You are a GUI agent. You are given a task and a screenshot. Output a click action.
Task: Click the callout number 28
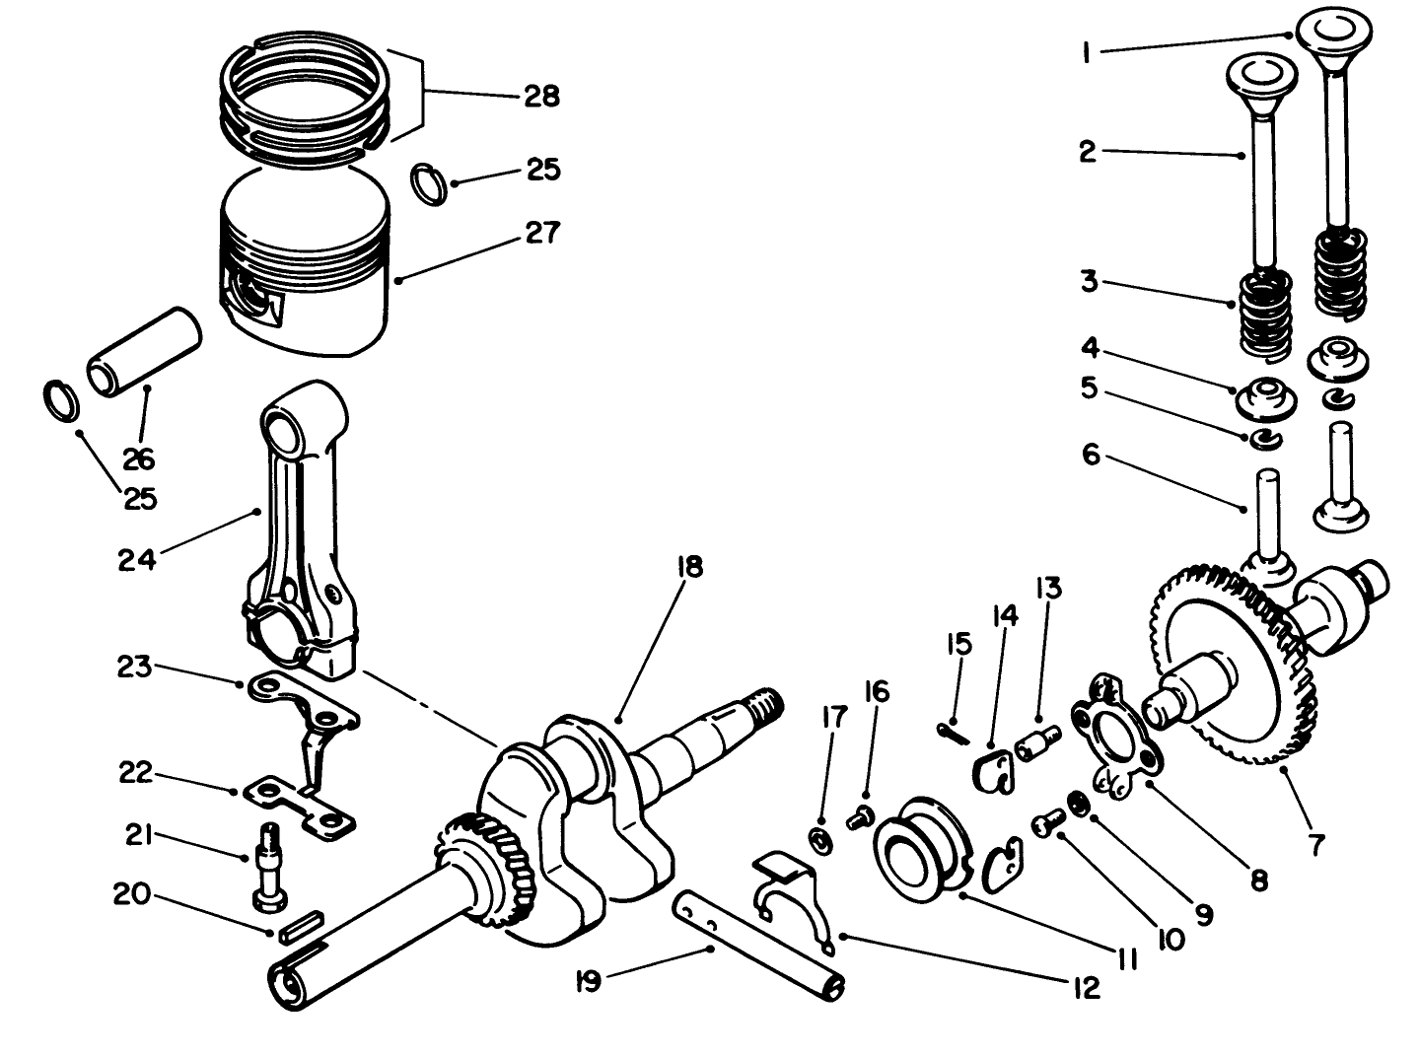tap(540, 96)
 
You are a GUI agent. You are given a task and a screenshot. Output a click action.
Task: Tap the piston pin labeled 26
tap(143, 354)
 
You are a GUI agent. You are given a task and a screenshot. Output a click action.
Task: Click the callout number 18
tap(689, 568)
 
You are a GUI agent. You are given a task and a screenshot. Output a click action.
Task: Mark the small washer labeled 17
tap(819, 841)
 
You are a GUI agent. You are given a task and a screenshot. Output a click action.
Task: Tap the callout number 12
tap(1086, 987)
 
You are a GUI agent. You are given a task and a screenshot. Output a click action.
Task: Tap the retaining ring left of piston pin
tap(61, 397)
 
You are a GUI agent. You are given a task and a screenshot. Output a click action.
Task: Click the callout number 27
tap(541, 233)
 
